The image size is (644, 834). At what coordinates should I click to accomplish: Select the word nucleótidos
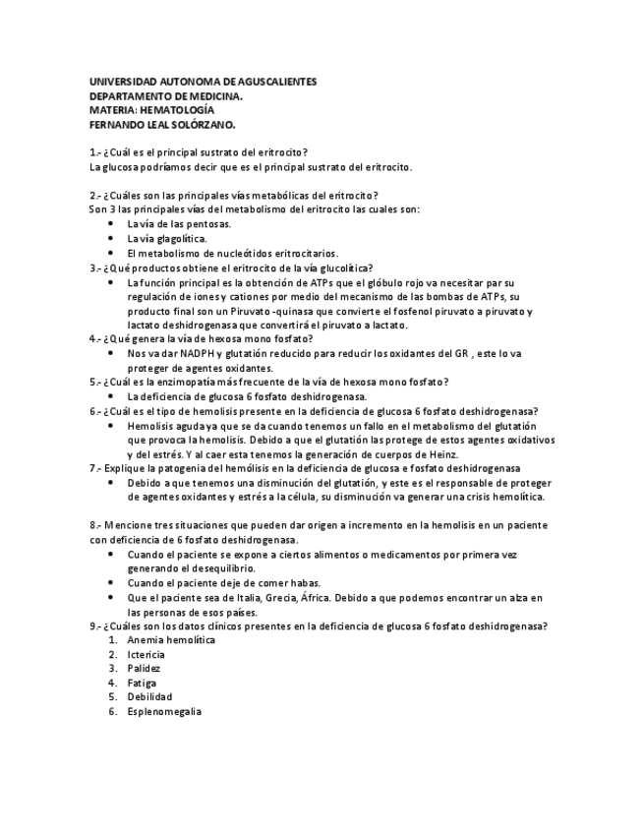coord(230,253)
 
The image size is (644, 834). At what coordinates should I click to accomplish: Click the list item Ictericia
coord(146,654)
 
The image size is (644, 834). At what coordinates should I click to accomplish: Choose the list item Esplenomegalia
coord(164,711)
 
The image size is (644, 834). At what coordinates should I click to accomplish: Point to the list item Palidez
coord(144,669)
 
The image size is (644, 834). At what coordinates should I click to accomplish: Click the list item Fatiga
coord(142,683)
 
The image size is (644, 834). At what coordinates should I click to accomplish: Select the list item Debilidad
coord(149,697)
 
